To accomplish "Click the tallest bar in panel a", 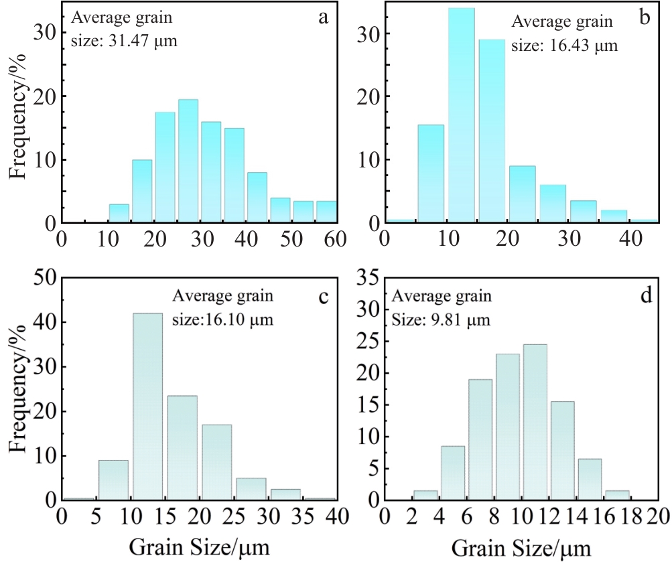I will [x=188, y=161].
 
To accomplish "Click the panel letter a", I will [x=323, y=17].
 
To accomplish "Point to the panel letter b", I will [x=645, y=17].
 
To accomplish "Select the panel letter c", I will [x=323, y=295].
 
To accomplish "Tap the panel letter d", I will [x=647, y=295].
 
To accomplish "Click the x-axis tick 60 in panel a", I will [x=336, y=239].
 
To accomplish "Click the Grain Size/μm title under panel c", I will [x=199, y=549].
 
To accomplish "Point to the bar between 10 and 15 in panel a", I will [x=119, y=214].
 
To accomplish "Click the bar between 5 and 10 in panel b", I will [x=430, y=173].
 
